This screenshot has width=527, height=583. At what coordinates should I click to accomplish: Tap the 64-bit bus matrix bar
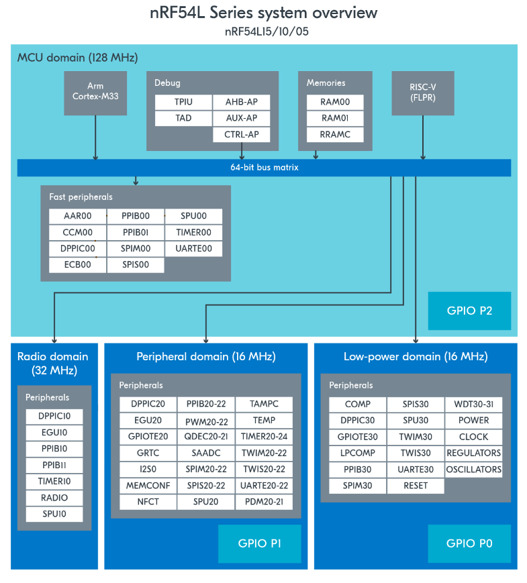click(263, 168)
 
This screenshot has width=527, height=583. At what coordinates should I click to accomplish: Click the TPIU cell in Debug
click(183, 102)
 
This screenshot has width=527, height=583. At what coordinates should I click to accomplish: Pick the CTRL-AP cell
click(242, 134)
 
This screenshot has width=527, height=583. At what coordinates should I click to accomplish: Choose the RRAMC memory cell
click(335, 134)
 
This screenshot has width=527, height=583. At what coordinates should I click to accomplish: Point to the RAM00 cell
click(335, 102)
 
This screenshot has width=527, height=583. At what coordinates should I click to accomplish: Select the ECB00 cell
click(77, 265)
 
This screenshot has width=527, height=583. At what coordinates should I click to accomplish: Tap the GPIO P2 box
click(469, 311)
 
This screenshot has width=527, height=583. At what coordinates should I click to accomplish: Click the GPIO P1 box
click(259, 543)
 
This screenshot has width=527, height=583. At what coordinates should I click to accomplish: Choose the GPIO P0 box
click(469, 543)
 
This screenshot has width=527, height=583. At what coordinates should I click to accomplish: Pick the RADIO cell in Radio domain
click(54, 498)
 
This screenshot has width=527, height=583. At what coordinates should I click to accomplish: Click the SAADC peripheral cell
click(205, 454)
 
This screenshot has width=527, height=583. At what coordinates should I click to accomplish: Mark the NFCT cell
click(148, 502)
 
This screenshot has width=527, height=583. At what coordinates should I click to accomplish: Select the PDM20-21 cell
click(264, 502)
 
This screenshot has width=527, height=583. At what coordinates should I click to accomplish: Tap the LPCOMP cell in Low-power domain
click(358, 454)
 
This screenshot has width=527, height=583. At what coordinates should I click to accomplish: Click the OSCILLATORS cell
click(473, 470)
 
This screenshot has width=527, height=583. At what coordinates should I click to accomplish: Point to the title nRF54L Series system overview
click(263, 13)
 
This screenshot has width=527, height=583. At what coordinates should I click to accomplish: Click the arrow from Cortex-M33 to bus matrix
click(95, 137)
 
